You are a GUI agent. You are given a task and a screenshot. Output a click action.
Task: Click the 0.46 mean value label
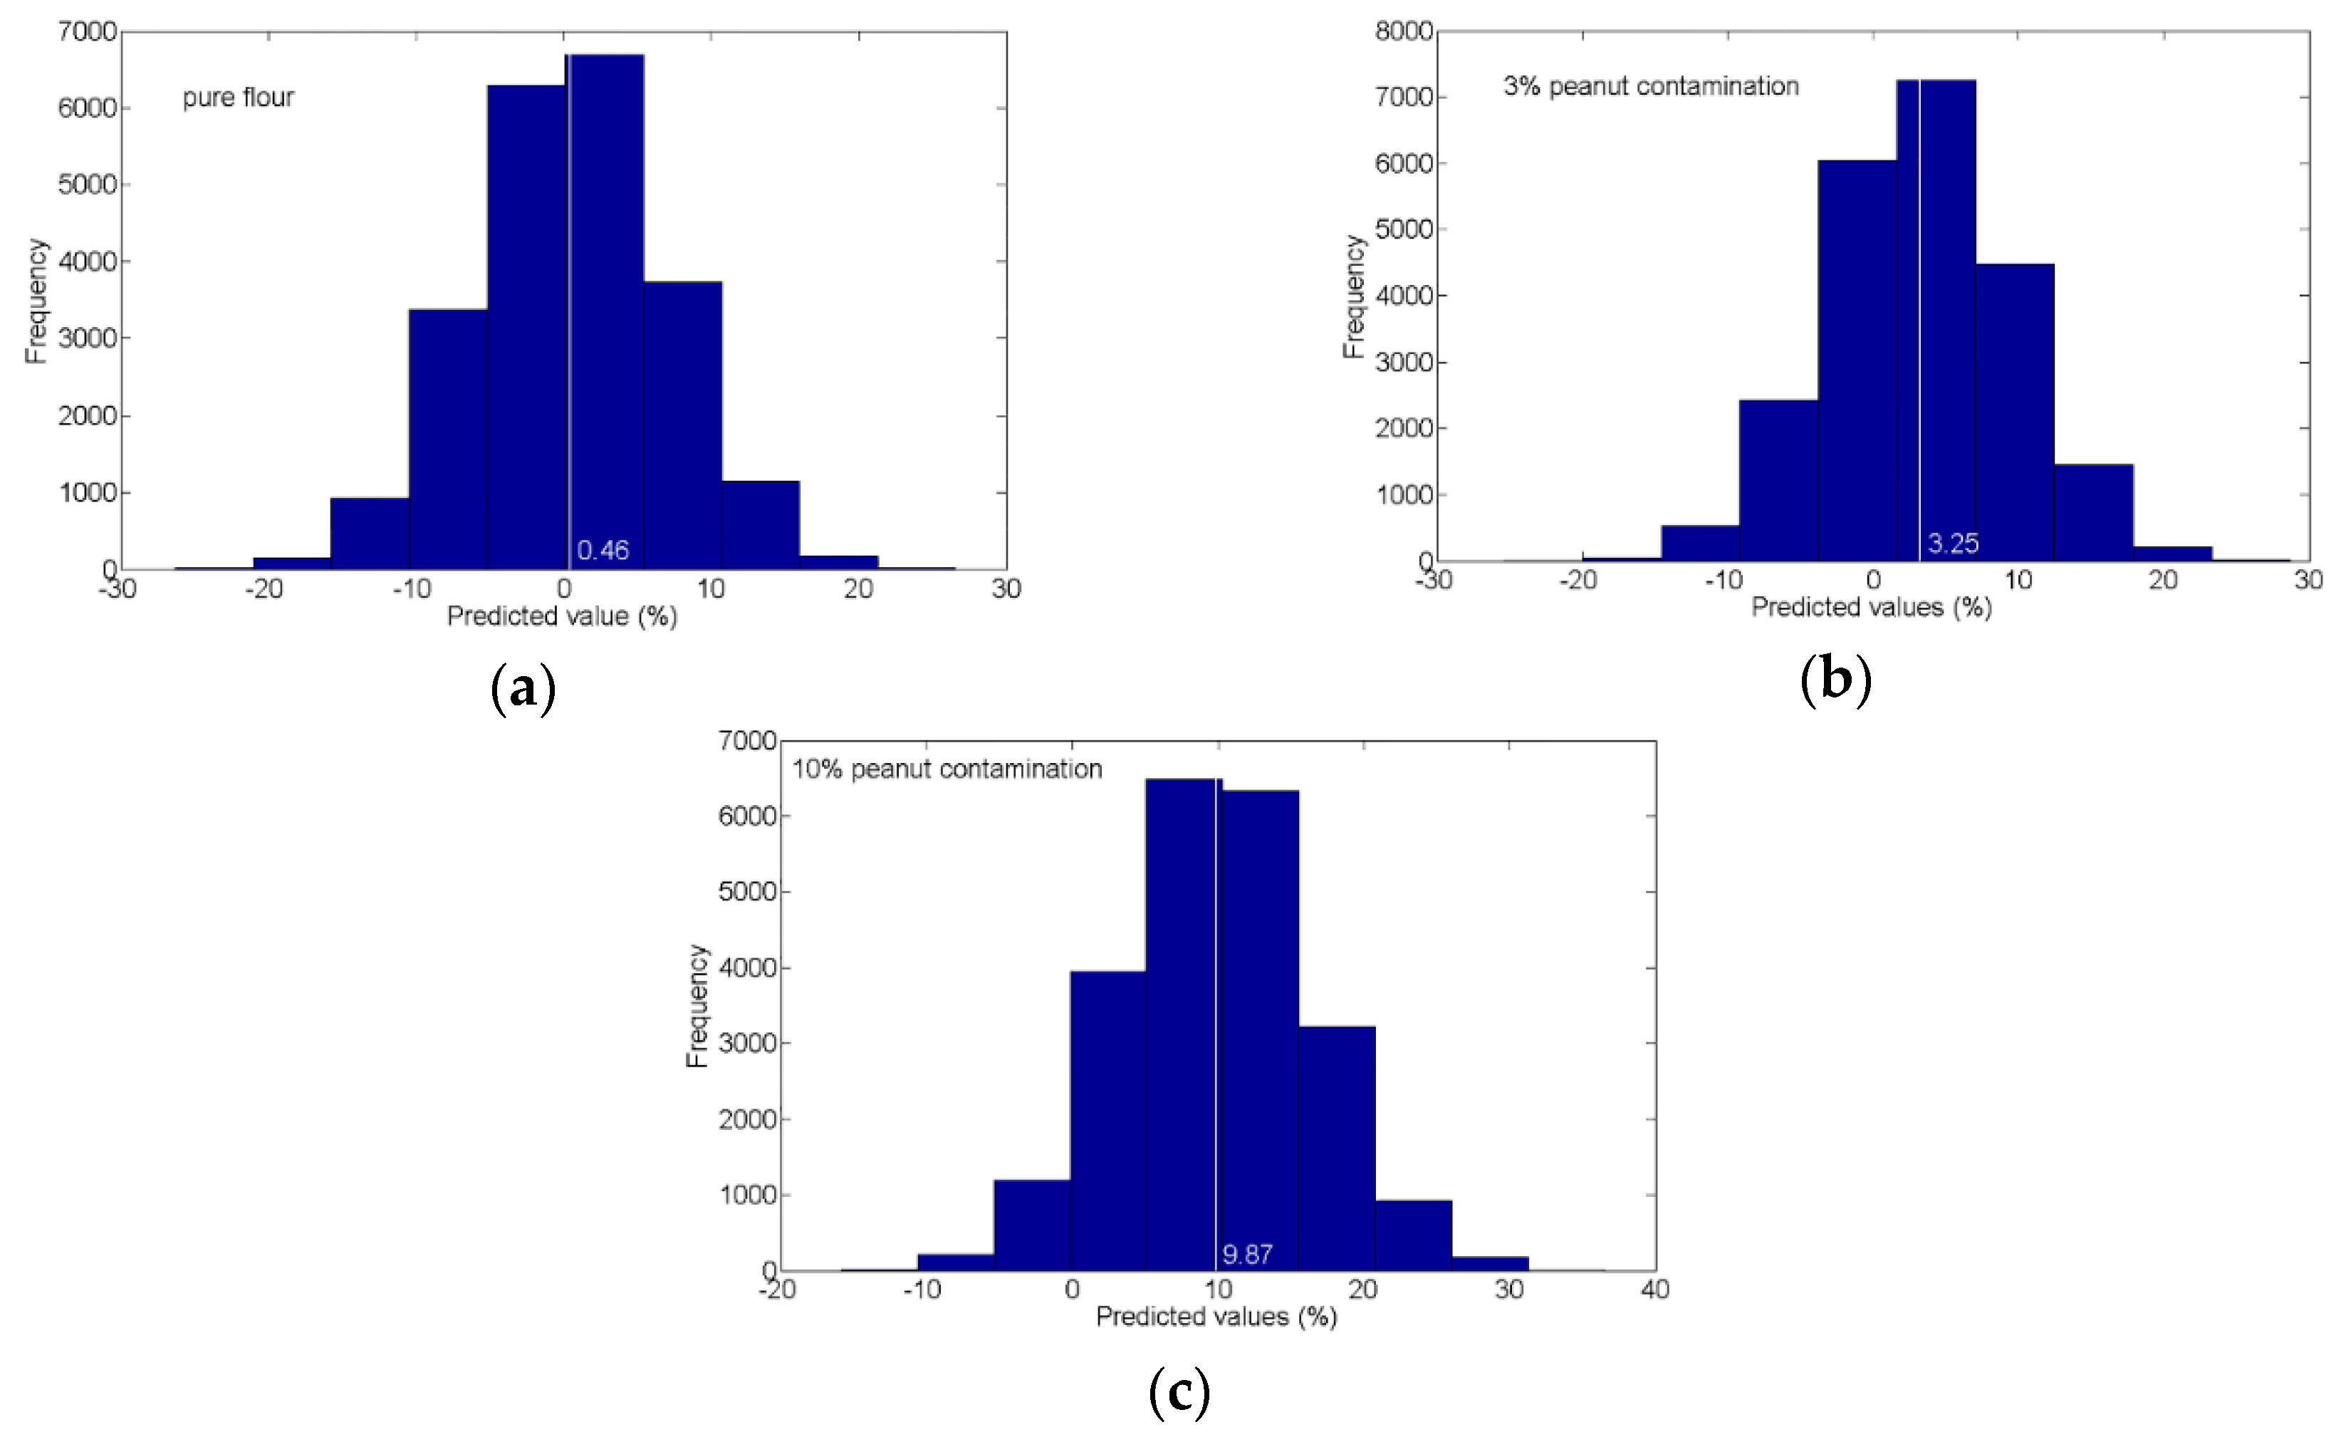pos(603,550)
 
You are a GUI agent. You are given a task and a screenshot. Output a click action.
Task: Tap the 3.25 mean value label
pos(1952,544)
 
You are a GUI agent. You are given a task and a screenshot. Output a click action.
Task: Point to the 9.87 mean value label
pos(1246,1255)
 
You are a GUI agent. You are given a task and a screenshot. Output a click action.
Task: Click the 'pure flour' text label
pos(239,98)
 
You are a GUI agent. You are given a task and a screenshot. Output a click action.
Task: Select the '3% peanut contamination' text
pos(1650,86)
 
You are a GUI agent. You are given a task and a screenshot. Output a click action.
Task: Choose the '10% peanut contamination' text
pos(947,769)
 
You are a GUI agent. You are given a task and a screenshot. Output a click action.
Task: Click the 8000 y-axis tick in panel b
pos(1403,31)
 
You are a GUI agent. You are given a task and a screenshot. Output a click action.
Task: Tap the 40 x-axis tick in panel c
pos(1654,1290)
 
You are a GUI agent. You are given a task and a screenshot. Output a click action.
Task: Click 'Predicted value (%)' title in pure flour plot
pos(561,617)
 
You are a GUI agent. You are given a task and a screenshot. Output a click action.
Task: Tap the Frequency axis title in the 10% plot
pos(697,1005)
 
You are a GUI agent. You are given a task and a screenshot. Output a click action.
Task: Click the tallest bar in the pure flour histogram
pos(606,313)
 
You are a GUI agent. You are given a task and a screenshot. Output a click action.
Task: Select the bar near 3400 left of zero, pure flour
pos(447,437)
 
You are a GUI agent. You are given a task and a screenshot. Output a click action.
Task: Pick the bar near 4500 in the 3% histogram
pos(2014,413)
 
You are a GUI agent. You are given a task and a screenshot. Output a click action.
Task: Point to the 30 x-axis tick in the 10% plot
pos(1508,1290)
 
